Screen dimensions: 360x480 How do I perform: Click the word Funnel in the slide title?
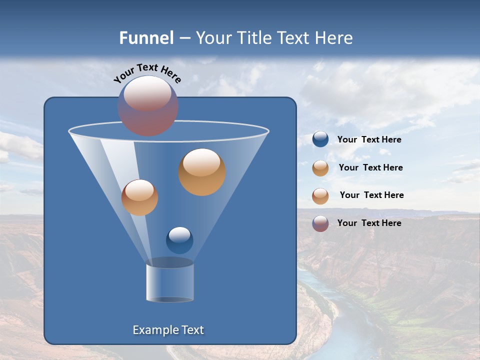[x=146, y=38]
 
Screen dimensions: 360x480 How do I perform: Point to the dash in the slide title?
[x=184, y=38]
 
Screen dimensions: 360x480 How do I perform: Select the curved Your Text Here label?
[x=147, y=73]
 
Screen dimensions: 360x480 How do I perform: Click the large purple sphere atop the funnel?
[x=148, y=106]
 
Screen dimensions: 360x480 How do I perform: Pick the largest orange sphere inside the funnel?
[x=202, y=172]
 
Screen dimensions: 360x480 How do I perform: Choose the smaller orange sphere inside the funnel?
[x=139, y=197]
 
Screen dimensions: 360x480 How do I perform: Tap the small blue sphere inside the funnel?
[x=179, y=240]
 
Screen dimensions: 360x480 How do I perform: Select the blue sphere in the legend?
[x=320, y=139]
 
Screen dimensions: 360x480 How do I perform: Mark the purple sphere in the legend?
[x=320, y=223]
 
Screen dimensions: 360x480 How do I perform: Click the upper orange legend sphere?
[x=320, y=168]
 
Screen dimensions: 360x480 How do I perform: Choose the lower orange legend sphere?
[x=320, y=196]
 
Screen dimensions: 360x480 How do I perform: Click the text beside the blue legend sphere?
[x=369, y=139]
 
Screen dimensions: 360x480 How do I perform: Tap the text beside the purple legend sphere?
[x=369, y=223]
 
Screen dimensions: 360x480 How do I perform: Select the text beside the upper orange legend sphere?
[x=370, y=167]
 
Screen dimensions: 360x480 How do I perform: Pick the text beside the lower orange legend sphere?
[x=371, y=195]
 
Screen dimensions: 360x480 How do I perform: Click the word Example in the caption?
[x=155, y=330]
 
